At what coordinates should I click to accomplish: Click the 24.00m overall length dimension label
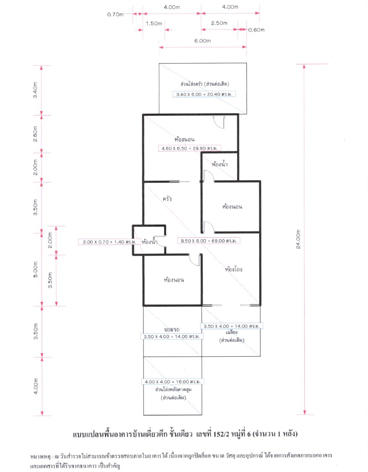click(298, 240)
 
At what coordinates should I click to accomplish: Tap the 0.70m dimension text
click(115, 14)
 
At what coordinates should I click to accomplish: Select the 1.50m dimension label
click(154, 24)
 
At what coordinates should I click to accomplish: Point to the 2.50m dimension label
click(219, 23)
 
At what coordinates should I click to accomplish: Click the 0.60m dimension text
click(256, 30)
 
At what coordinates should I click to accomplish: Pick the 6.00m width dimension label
click(203, 41)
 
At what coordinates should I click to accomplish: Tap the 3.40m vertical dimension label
click(36, 90)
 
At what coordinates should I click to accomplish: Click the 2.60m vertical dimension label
click(36, 134)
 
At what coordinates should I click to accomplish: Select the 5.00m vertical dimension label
click(36, 269)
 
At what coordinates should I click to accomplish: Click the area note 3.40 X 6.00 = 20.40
click(204, 94)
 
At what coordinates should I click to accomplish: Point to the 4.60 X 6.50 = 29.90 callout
click(189, 148)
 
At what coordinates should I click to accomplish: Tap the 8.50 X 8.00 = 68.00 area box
click(208, 241)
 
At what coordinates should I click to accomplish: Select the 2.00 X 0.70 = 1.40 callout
click(110, 242)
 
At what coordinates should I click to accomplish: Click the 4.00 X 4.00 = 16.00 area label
click(173, 382)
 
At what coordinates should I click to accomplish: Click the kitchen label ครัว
click(167, 199)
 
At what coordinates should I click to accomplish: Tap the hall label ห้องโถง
click(233, 269)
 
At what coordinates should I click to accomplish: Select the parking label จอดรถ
click(171, 329)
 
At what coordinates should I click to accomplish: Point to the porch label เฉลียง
click(232, 333)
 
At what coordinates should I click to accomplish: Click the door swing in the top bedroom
click(219, 122)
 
